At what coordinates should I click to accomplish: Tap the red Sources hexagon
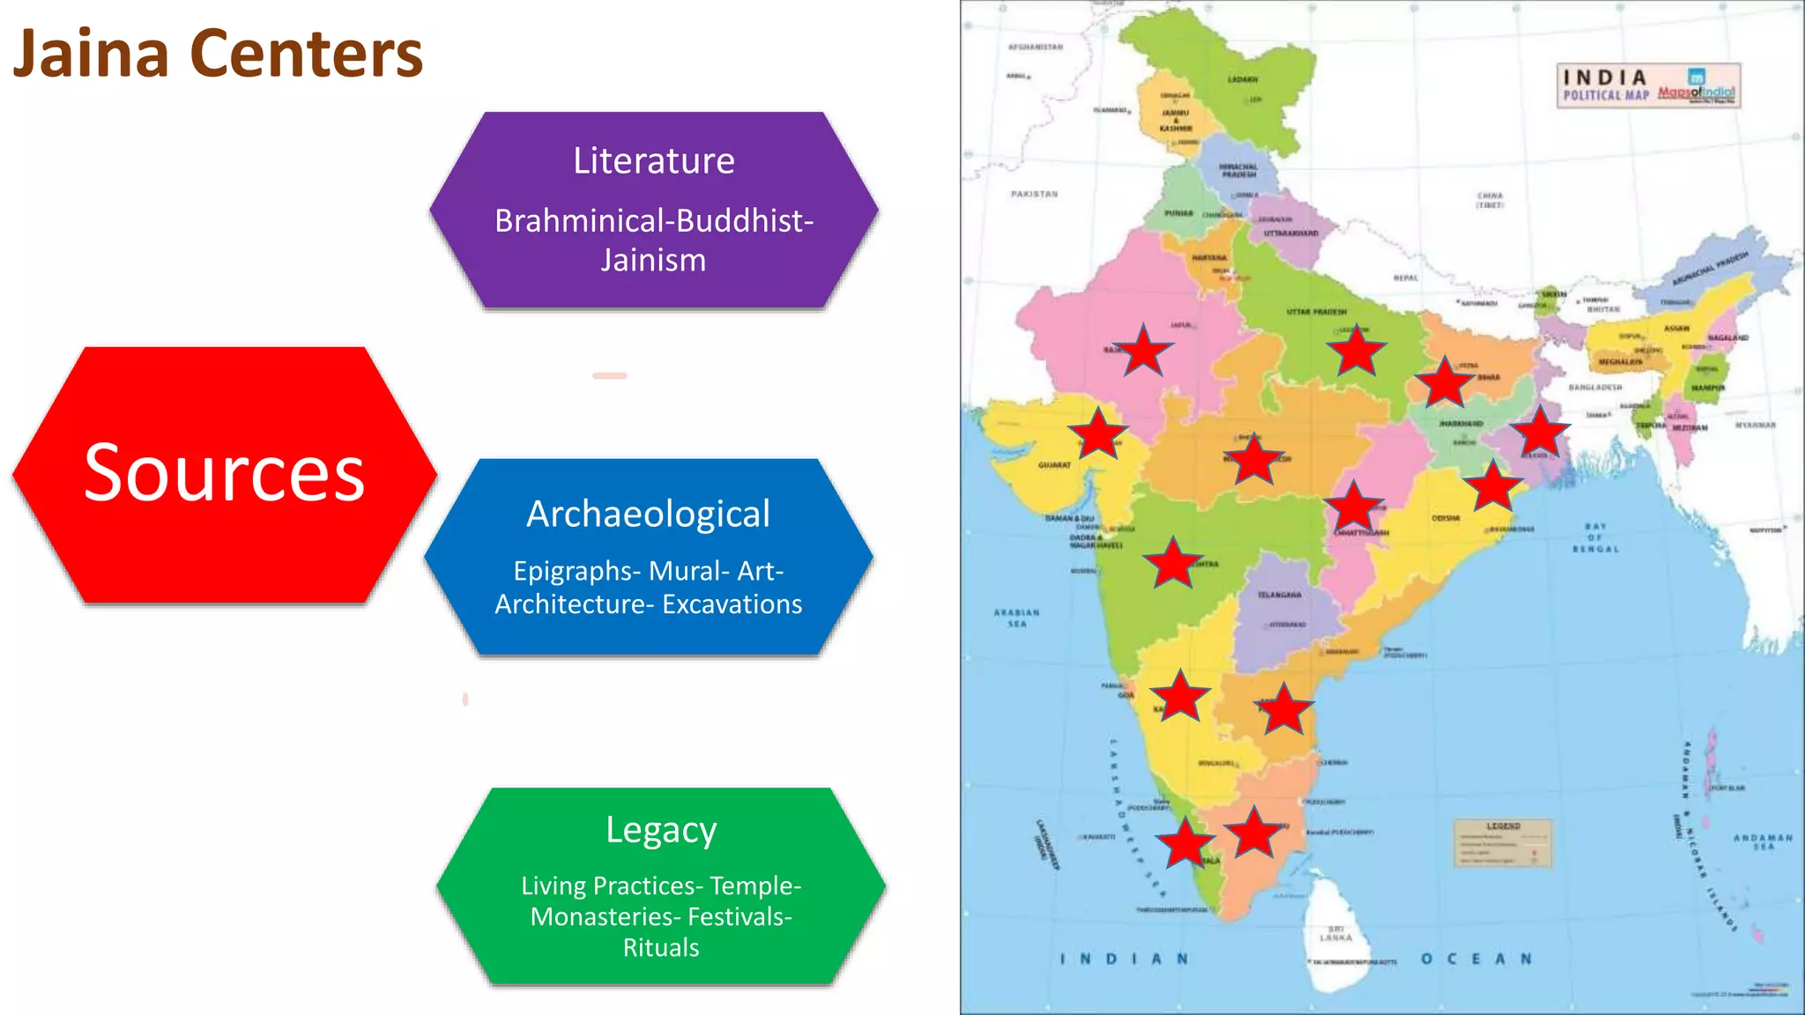click(x=224, y=474)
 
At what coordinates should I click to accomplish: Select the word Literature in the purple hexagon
click(x=653, y=161)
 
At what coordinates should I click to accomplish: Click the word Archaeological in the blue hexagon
click(x=648, y=515)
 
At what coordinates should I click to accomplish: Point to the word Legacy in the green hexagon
click(x=661, y=830)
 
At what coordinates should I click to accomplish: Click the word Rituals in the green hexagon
click(x=661, y=948)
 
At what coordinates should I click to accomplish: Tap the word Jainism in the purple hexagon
click(x=653, y=261)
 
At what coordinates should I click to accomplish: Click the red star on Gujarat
click(x=1098, y=433)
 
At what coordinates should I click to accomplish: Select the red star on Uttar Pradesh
click(x=1356, y=351)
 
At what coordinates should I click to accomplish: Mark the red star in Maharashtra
click(x=1173, y=562)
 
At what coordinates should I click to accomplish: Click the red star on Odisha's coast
click(x=1492, y=485)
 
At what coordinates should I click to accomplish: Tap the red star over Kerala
click(x=1185, y=841)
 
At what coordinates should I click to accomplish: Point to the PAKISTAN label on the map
click(x=1034, y=194)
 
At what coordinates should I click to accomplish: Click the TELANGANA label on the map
click(x=1279, y=596)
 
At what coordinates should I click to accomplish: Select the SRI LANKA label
click(x=1336, y=934)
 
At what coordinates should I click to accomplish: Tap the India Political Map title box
click(x=1647, y=85)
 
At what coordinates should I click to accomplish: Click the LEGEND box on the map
click(x=1503, y=843)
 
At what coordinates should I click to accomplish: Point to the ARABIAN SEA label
click(x=1017, y=618)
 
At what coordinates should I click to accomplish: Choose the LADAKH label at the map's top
click(x=1243, y=79)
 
